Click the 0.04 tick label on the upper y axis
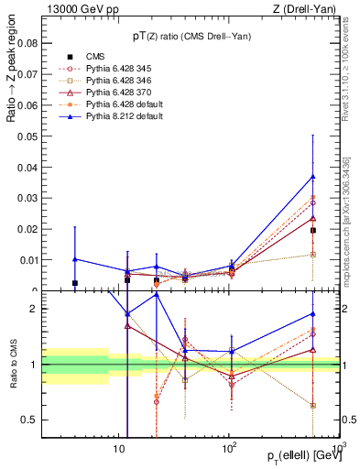tap(27, 167)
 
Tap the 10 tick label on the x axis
tap(118, 449)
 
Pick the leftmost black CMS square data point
tap(75, 283)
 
